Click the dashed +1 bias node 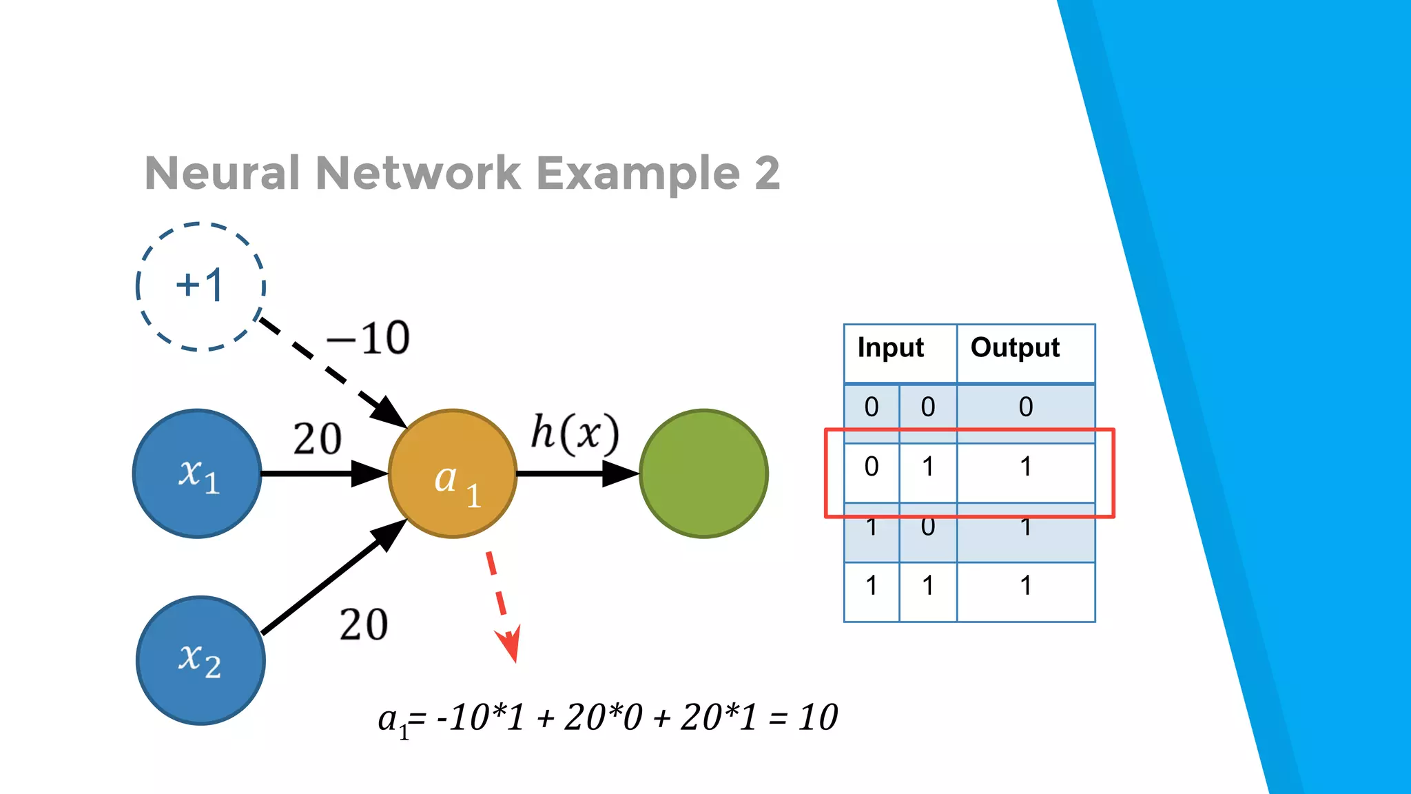[200, 286]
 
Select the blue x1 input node [197, 474]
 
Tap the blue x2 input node [200, 660]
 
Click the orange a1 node [453, 474]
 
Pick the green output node [703, 474]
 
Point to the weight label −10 [369, 338]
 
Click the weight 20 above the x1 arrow [317, 439]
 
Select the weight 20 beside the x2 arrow [364, 625]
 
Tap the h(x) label [575, 434]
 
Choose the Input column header [890, 348]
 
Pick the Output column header [1015, 348]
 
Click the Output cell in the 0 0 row [1026, 407]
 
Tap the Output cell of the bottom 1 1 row [1026, 586]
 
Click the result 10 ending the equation [818, 717]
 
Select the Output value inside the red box [1026, 467]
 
